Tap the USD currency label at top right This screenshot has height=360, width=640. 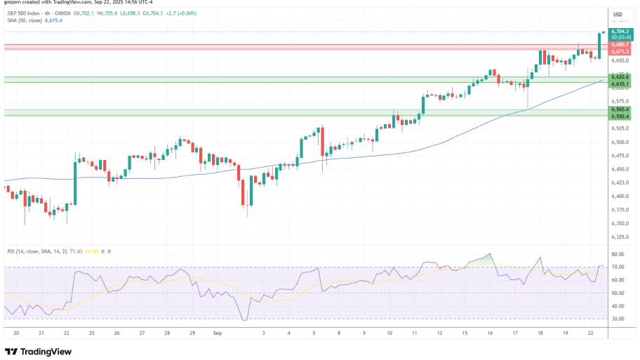[618, 14]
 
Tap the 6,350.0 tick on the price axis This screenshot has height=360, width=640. [619, 224]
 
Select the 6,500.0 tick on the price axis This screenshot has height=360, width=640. [619, 142]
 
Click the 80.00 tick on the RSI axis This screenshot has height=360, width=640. [618, 254]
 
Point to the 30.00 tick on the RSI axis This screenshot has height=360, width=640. [618, 319]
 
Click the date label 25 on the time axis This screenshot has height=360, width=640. [91, 333]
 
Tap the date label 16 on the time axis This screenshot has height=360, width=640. [489, 333]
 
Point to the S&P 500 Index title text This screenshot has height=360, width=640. [24, 13]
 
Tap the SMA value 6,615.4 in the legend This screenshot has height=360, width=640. [54, 21]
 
